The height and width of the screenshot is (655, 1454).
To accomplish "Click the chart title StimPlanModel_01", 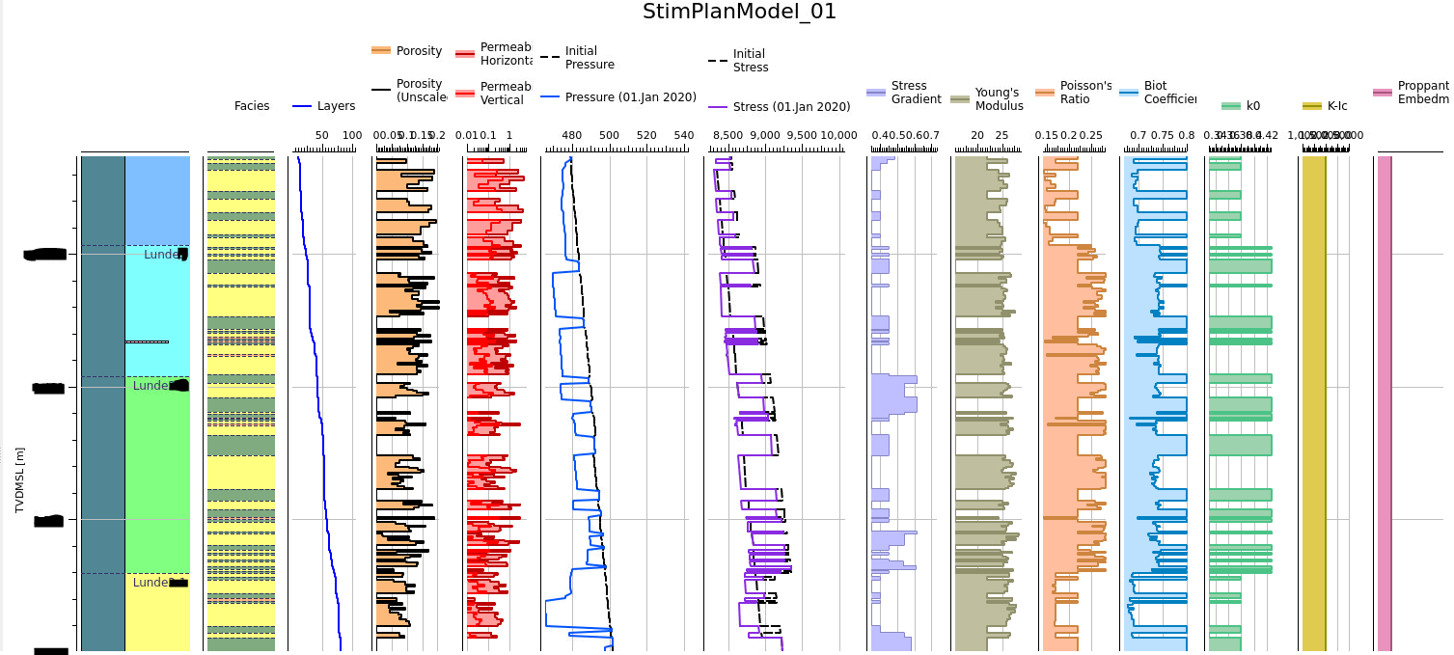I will [739, 12].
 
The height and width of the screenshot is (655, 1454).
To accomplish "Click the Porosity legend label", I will [419, 50].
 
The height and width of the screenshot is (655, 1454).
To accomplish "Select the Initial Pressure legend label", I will [590, 58].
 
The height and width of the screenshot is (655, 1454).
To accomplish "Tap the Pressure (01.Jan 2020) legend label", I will [630, 97].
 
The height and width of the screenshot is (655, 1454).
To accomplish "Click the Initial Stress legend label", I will [751, 61].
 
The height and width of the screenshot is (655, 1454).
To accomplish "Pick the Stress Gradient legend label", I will [915, 93].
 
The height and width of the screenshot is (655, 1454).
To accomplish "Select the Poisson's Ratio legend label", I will [1085, 93].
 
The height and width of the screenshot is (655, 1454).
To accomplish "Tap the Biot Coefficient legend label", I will [1169, 93].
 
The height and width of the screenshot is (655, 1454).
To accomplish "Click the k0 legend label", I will [1253, 106].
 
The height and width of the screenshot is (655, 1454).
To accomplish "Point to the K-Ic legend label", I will [1337, 106].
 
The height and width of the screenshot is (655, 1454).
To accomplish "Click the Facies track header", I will [252, 106].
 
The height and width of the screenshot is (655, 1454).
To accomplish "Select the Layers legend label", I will [336, 106].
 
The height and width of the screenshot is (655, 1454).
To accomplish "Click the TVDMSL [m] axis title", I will [19, 479].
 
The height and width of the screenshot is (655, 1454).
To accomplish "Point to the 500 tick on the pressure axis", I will [609, 136].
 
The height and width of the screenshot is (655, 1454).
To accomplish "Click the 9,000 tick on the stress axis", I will [764, 136].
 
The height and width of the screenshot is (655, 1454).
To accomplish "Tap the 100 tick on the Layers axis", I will [351, 136].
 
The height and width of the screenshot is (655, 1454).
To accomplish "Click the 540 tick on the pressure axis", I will [682, 136].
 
